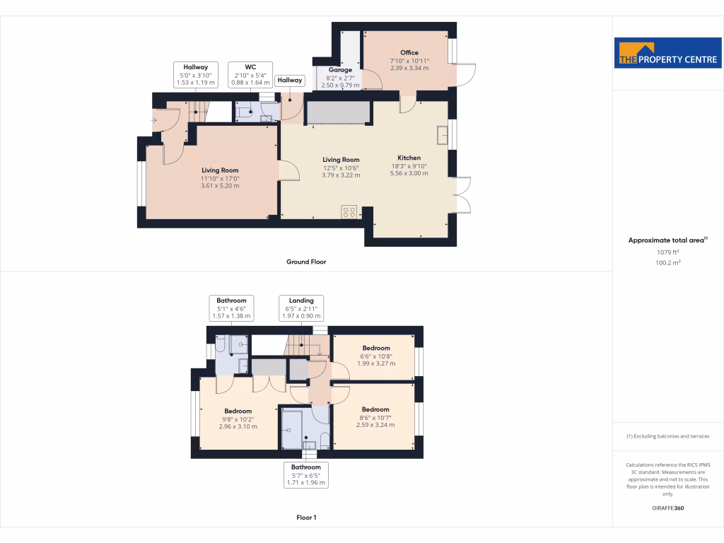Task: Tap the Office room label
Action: (x=409, y=52)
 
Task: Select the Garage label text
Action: (x=340, y=70)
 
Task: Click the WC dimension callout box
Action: (x=250, y=74)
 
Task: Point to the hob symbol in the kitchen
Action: (x=349, y=211)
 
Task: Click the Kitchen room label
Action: (x=409, y=158)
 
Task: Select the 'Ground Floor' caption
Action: (x=306, y=262)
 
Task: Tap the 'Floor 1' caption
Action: (x=306, y=518)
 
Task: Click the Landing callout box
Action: (x=301, y=308)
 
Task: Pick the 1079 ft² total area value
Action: (x=667, y=252)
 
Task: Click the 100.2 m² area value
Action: (x=667, y=262)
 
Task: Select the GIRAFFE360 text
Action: (x=668, y=508)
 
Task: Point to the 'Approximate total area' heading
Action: (x=667, y=240)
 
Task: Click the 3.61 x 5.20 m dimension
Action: (x=220, y=186)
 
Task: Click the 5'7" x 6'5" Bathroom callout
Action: (x=306, y=474)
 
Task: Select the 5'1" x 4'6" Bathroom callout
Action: (x=232, y=308)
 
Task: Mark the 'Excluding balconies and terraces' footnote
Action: (x=667, y=436)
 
